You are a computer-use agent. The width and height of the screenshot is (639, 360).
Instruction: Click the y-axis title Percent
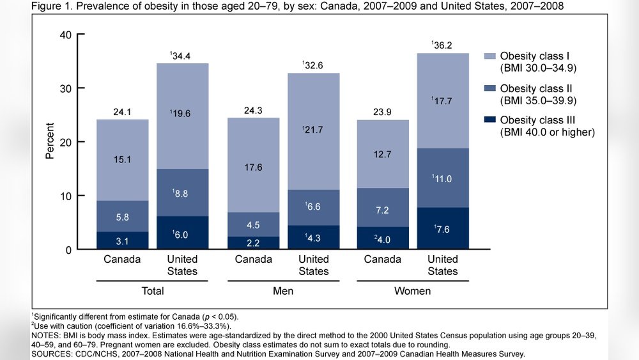coord(50,141)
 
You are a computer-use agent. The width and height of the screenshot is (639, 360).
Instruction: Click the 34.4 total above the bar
coord(183,56)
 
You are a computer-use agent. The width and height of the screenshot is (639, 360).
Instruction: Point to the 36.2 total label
coord(443,45)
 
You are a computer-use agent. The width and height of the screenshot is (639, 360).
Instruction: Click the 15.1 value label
coord(123,160)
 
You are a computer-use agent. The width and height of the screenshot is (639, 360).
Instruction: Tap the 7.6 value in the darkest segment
coord(443,228)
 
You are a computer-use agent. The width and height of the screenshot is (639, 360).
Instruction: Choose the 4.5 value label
coord(254,224)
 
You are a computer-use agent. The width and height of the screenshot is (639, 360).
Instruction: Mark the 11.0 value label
coord(443,180)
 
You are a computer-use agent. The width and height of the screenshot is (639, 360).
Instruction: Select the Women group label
coord(412,291)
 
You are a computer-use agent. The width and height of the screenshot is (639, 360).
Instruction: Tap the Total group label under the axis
coord(152,291)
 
